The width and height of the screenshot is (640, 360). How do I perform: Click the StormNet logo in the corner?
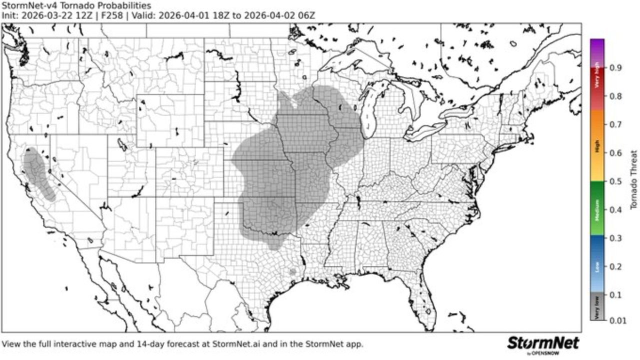pyautogui.click(x=543, y=344)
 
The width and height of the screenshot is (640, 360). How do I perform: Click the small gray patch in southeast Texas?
pyautogui.click(x=292, y=271)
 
